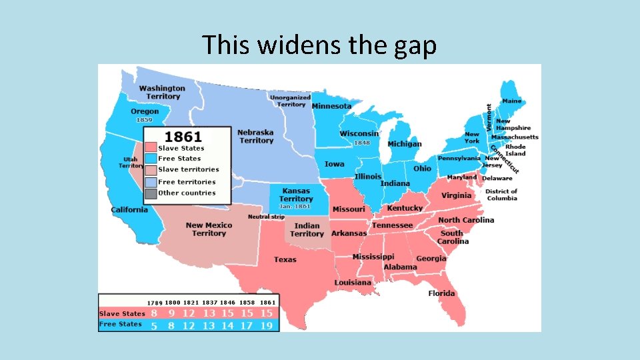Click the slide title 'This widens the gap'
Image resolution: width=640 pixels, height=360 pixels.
[x=319, y=45]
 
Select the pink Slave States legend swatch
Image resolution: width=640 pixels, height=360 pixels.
[x=151, y=148]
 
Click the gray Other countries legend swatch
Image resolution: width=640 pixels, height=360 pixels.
[x=151, y=193]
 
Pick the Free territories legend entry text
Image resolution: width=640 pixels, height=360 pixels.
[x=187, y=182]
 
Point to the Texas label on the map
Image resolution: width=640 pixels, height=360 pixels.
[x=285, y=259]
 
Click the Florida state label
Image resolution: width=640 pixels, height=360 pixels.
[x=441, y=293]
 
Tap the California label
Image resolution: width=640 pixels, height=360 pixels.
[x=129, y=210]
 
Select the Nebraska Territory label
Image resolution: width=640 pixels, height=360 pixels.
[x=256, y=137]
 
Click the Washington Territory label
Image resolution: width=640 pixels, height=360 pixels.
[x=162, y=92]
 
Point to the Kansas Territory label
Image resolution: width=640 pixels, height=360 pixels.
[x=296, y=195]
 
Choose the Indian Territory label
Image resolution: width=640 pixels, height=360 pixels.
[x=307, y=230]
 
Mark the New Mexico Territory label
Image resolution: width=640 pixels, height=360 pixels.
[x=209, y=229]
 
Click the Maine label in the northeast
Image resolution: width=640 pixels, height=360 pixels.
[x=512, y=101]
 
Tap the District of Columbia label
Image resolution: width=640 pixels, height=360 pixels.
[x=502, y=195]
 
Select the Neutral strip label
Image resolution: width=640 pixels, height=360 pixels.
[x=266, y=217]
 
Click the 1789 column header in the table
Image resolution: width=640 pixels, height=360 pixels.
[x=155, y=303]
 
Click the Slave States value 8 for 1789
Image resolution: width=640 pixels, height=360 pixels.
[x=154, y=313]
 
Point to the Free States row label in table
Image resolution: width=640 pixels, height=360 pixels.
[x=121, y=324]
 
